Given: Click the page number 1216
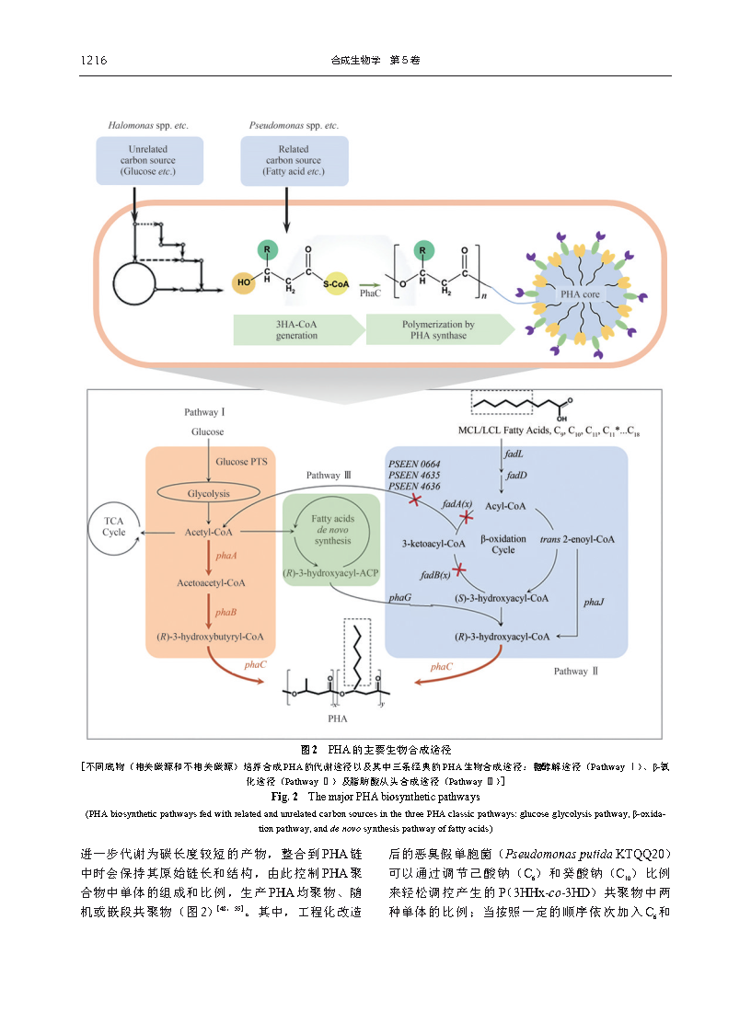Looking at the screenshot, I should point(94,61).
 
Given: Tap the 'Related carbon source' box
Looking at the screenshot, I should point(294,160).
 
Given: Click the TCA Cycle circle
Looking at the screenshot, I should point(114,526).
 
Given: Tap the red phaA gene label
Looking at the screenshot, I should point(225,557).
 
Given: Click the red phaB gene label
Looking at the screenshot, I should point(225,611).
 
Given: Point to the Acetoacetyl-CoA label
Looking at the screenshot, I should point(211,582).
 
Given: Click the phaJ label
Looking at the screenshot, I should point(594,603).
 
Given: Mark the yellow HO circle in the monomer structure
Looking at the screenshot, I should point(243,282).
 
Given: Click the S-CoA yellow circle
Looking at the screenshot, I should point(338,284).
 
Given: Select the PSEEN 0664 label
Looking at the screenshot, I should point(414,462).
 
